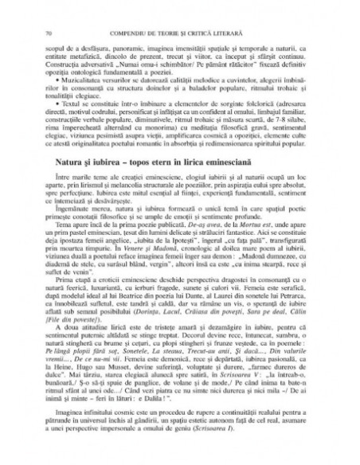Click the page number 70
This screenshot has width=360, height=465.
point(50,10)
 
